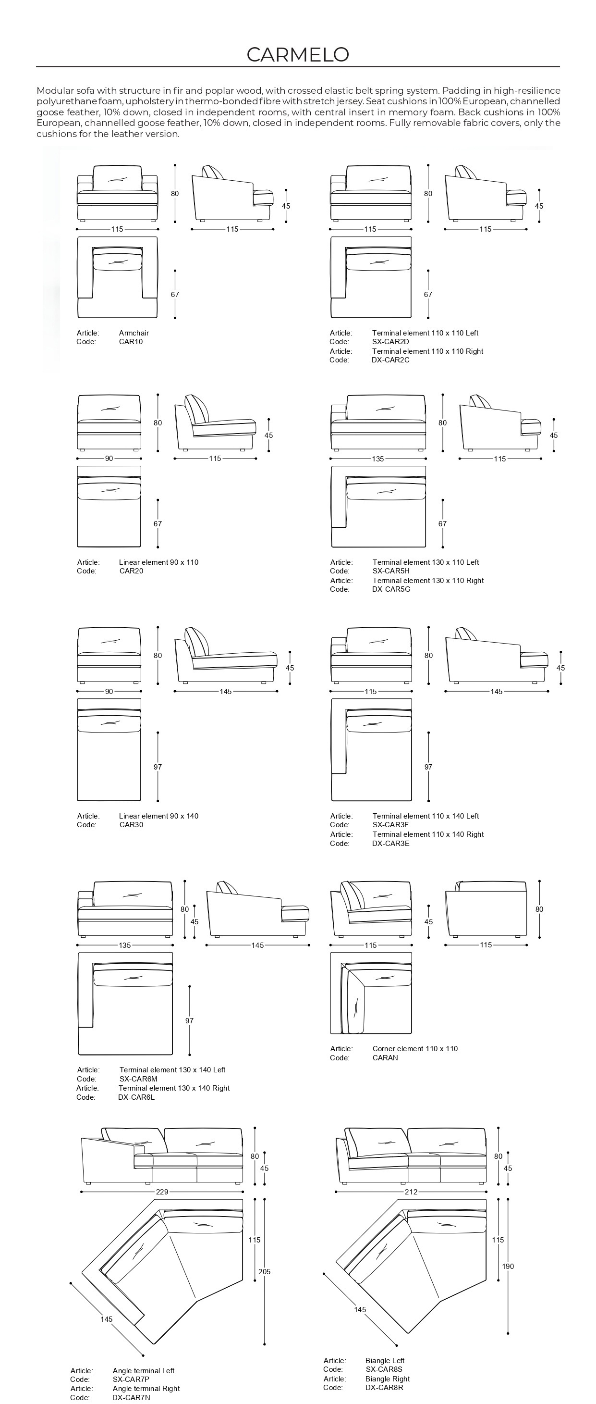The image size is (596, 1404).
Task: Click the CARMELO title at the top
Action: (x=297, y=54)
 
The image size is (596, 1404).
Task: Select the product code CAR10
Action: (x=131, y=342)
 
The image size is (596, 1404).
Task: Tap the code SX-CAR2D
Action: (x=390, y=342)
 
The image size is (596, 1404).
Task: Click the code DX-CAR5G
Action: (x=391, y=589)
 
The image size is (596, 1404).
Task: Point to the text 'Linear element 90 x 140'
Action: (x=158, y=816)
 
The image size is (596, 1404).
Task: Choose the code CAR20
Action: (x=131, y=571)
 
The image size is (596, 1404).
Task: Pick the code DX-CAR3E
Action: (x=390, y=843)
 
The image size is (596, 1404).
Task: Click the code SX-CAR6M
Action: (x=138, y=1079)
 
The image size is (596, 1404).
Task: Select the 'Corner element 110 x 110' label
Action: (x=415, y=1049)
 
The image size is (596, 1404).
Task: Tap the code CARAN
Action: (x=385, y=1058)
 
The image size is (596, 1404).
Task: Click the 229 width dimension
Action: (x=162, y=1192)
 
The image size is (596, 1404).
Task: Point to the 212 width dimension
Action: (x=411, y=1192)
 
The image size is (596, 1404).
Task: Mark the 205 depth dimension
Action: (x=264, y=1271)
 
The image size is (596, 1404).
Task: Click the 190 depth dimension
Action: (x=508, y=1266)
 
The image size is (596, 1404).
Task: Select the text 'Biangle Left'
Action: (x=385, y=1360)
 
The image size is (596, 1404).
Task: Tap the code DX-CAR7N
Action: (x=131, y=1397)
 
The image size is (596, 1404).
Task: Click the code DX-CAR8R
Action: (x=384, y=1388)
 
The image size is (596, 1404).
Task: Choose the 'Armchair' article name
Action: (x=134, y=333)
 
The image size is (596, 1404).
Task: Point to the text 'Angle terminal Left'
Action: (x=143, y=1371)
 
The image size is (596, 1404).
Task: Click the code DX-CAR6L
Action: (x=136, y=1097)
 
